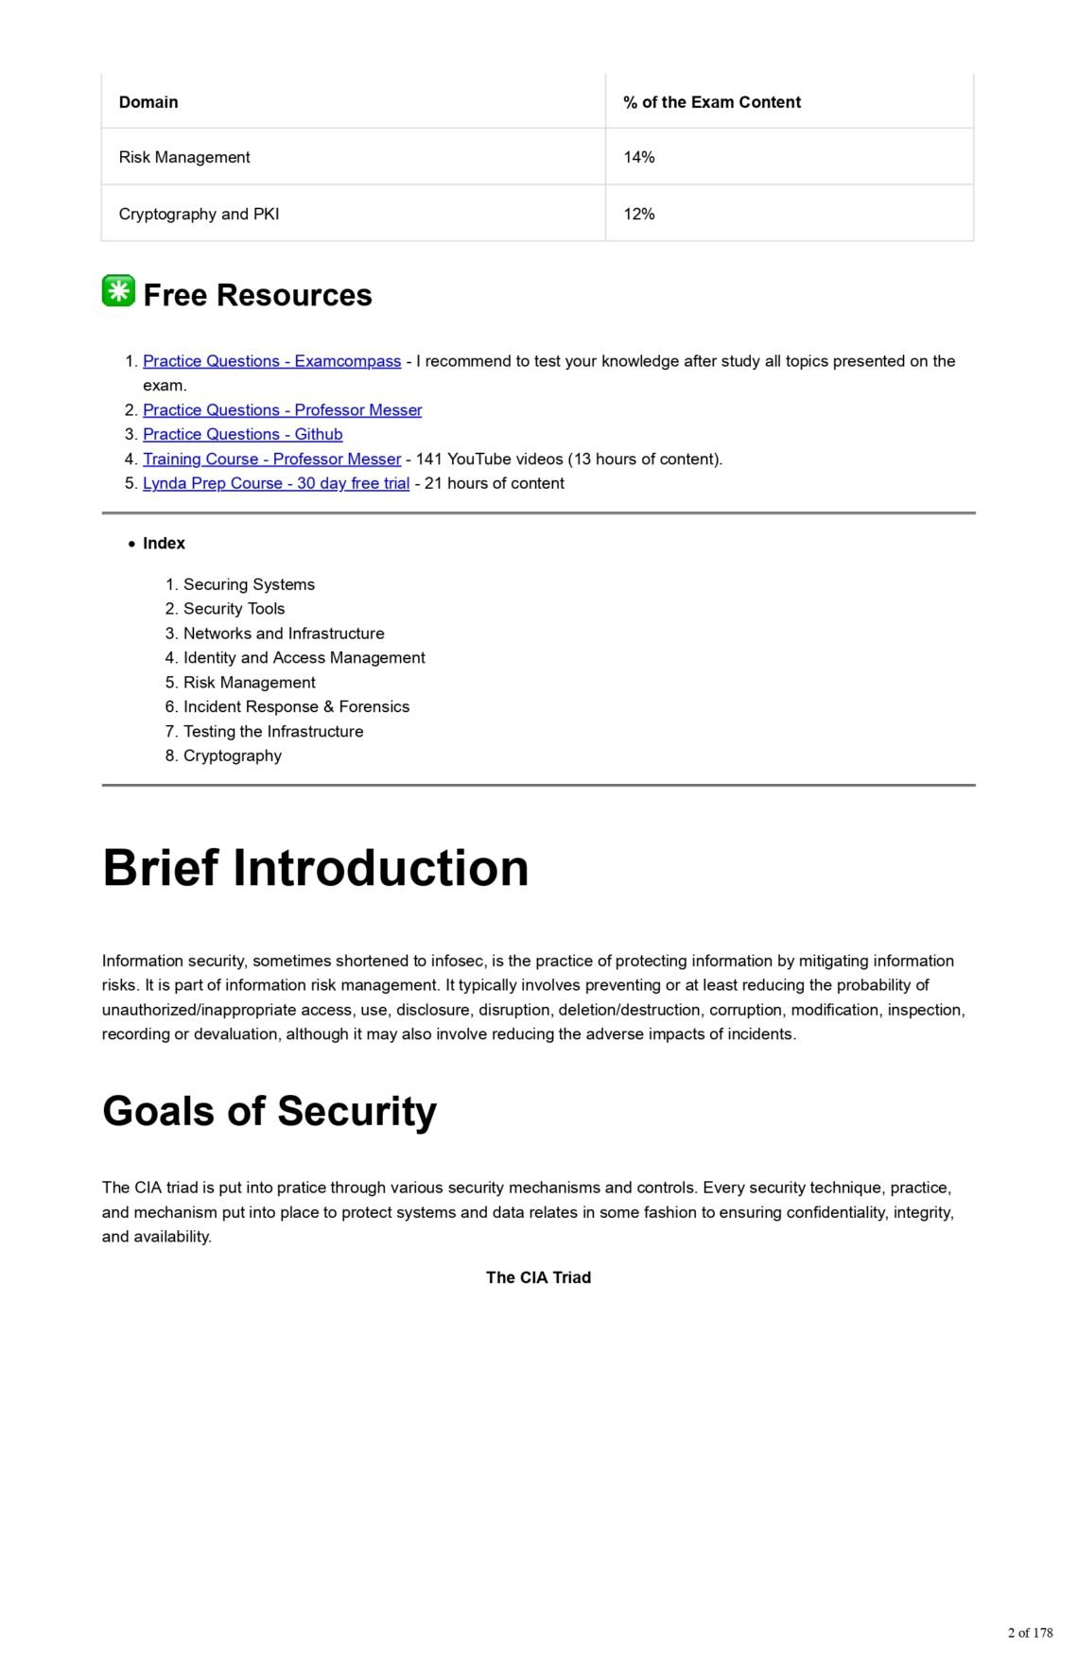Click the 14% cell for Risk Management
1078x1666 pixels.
(x=639, y=157)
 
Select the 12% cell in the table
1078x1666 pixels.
(x=639, y=214)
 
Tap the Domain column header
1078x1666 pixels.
(x=148, y=102)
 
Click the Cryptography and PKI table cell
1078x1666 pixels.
(x=199, y=214)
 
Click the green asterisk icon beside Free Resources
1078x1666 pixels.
(x=118, y=291)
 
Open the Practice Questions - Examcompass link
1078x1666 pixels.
(x=271, y=361)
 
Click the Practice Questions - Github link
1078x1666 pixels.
(x=242, y=434)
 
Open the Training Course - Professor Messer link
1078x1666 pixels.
(x=271, y=459)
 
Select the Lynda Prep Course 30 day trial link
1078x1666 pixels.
(x=275, y=483)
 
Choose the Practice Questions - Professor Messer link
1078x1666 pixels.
(x=282, y=409)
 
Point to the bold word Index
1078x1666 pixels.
(x=164, y=543)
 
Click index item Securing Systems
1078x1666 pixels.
(x=249, y=584)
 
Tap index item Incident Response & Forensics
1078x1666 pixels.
(x=296, y=706)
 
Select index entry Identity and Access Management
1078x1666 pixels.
(x=304, y=657)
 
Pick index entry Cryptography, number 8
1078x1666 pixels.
(x=232, y=755)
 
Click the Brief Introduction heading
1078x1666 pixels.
(x=315, y=867)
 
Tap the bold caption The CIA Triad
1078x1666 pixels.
(x=538, y=1277)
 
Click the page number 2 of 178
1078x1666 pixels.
(x=1030, y=1633)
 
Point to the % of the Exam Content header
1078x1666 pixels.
(x=711, y=102)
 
